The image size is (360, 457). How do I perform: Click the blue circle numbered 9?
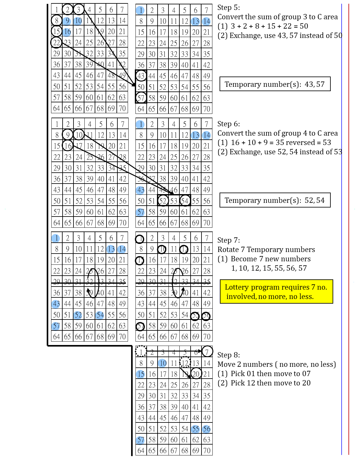pyautogui.click(x=67, y=21)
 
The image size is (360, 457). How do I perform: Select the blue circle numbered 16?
pyautogui.click(x=67, y=32)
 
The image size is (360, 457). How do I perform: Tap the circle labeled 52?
pyautogui.click(x=78, y=315)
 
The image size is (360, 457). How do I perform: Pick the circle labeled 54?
pyautogui.click(x=100, y=315)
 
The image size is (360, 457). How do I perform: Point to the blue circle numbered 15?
pyautogui.click(x=140, y=374)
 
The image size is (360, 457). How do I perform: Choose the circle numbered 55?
pyautogui.click(x=195, y=429)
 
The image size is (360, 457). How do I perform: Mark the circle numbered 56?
pyautogui.click(x=206, y=429)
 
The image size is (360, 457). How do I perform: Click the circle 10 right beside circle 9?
pyautogui.click(x=78, y=21)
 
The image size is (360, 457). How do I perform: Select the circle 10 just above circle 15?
pyautogui.click(x=162, y=363)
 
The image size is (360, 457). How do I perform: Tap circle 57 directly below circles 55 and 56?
pyautogui.click(x=140, y=440)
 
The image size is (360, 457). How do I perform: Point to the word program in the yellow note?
pyautogui.click(x=264, y=287)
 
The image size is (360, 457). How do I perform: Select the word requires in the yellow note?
pyautogui.click(x=294, y=287)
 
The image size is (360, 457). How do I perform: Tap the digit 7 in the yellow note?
pyautogui.click(x=313, y=287)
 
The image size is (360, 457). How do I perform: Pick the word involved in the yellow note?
pyautogui.click(x=241, y=297)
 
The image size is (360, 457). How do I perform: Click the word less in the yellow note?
pyautogui.click(x=306, y=297)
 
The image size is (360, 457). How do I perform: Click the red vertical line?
pyautogui.click(x=349, y=218)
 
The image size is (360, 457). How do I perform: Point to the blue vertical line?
pyautogui.click(x=342, y=218)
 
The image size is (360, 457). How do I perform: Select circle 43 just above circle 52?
pyautogui.click(x=56, y=304)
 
